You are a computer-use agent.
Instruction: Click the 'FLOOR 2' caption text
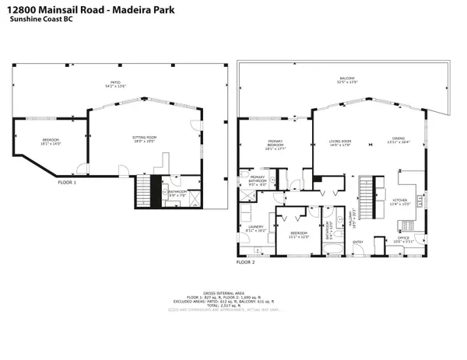click(245, 262)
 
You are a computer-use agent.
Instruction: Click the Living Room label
click(341, 142)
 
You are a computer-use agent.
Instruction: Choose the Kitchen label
click(401, 202)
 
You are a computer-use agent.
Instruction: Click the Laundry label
click(256, 229)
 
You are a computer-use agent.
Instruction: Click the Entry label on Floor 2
click(358, 242)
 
